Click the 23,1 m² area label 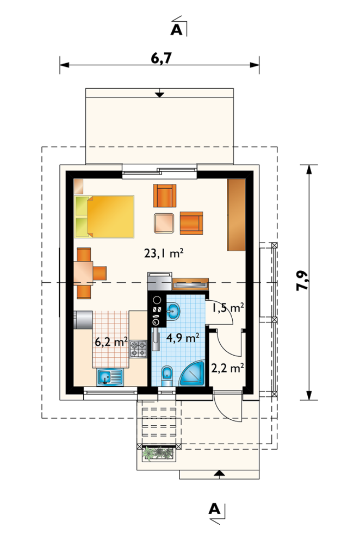pyautogui.click(x=163, y=254)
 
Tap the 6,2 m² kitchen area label pyautogui.click(x=111, y=342)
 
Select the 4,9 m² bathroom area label pyautogui.click(x=183, y=338)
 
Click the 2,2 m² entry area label pyautogui.click(x=227, y=368)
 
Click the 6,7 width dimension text pyautogui.click(x=161, y=59)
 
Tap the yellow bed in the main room pyautogui.click(x=104, y=216)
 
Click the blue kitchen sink pyautogui.click(x=110, y=377)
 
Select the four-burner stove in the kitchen pyautogui.click(x=139, y=349)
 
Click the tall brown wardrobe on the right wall pyautogui.click(x=236, y=215)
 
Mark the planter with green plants pyautogui.click(x=158, y=453)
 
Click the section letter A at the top pyautogui.click(x=176, y=29)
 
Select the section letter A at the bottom pyautogui.click(x=214, y=508)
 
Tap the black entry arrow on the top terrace pyautogui.click(x=159, y=94)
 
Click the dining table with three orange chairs pyautogui.click(x=88, y=273)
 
